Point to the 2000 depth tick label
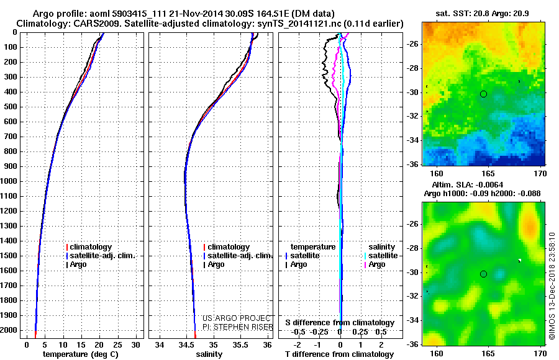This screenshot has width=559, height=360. pos(11,330)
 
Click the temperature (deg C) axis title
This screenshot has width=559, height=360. pos(80,354)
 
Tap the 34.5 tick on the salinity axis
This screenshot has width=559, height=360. pos(186,344)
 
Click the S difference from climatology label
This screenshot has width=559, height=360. pos(340,323)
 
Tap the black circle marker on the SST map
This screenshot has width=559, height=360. pos(483,94)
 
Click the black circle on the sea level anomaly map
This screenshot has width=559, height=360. pos(483,274)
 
